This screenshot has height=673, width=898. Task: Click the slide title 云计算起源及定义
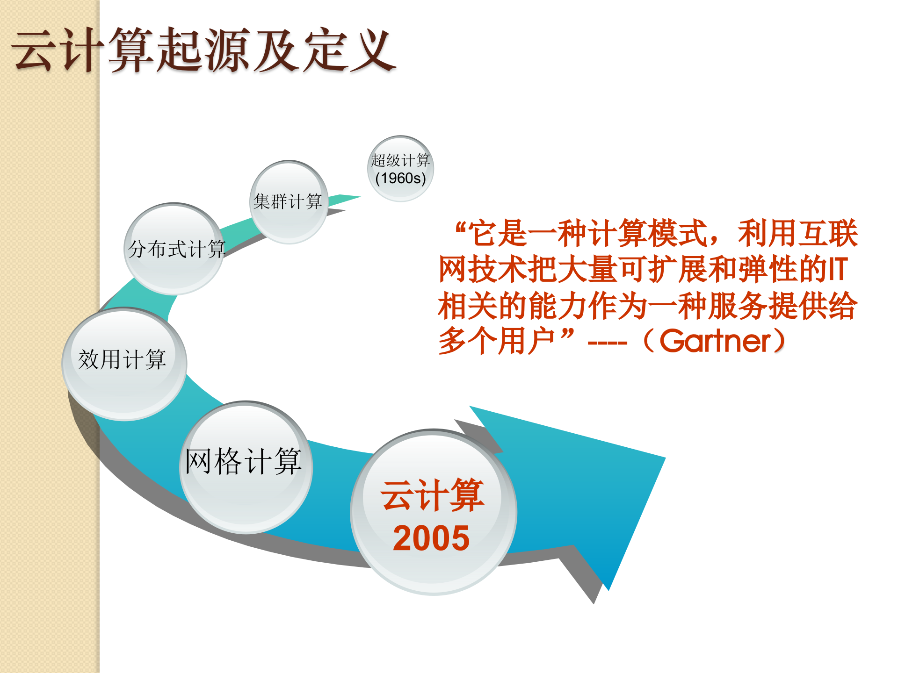(x=204, y=50)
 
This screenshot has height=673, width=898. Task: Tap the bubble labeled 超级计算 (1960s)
(x=400, y=169)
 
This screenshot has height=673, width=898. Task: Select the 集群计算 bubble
(x=288, y=202)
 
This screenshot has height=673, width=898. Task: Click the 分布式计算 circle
(x=174, y=249)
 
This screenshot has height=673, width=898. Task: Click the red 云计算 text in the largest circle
(x=432, y=495)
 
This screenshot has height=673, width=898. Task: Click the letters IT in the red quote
(x=838, y=270)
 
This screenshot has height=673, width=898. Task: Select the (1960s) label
(x=400, y=178)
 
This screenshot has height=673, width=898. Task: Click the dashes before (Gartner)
(x=607, y=344)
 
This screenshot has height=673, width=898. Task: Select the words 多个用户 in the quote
(x=496, y=341)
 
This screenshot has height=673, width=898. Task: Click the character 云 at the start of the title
(x=34, y=50)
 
